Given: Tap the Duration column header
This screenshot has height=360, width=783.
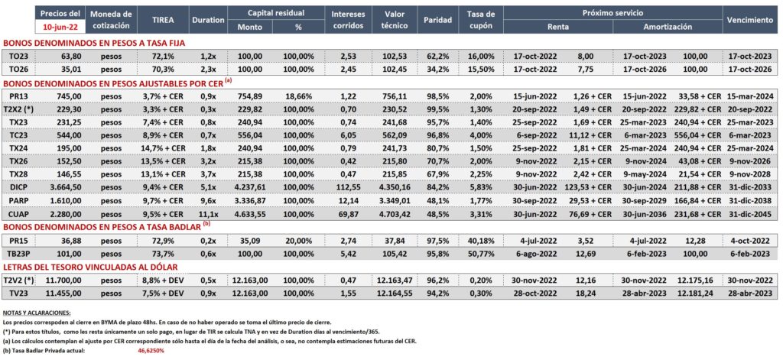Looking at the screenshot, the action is click(x=208, y=20).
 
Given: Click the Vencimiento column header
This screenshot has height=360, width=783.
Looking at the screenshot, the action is click(x=750, y=20).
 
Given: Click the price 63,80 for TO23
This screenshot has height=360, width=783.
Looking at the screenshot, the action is click(x=67, y=56).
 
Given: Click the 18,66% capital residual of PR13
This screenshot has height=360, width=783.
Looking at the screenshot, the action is click(x=298, y=96).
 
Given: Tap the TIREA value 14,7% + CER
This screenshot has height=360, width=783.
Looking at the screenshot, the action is click(x=162, y=148).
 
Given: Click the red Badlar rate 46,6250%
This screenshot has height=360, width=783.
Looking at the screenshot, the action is click(x=151, y=351).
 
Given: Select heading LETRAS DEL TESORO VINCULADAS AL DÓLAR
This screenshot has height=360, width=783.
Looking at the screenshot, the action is click(x=90, y=267).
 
